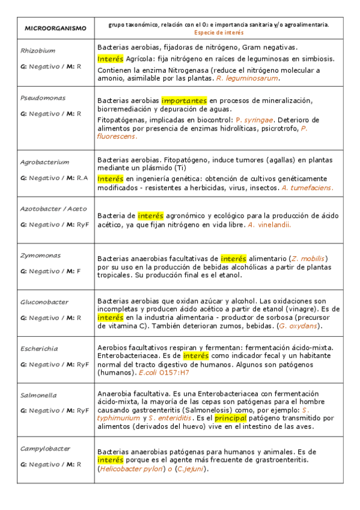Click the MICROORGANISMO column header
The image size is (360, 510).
coord(55,28)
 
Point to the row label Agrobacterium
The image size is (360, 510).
coord(44,162)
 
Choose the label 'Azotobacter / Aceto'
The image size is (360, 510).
coord(53,209)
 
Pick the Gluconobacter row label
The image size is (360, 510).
coord(44,302)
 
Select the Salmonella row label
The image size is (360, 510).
coord(38,395)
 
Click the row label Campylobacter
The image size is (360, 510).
coord(45,448)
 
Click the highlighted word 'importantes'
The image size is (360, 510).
coord(184,100)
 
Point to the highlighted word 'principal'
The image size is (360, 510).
coord(231,417)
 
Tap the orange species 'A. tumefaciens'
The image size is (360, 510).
coord(307,188)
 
